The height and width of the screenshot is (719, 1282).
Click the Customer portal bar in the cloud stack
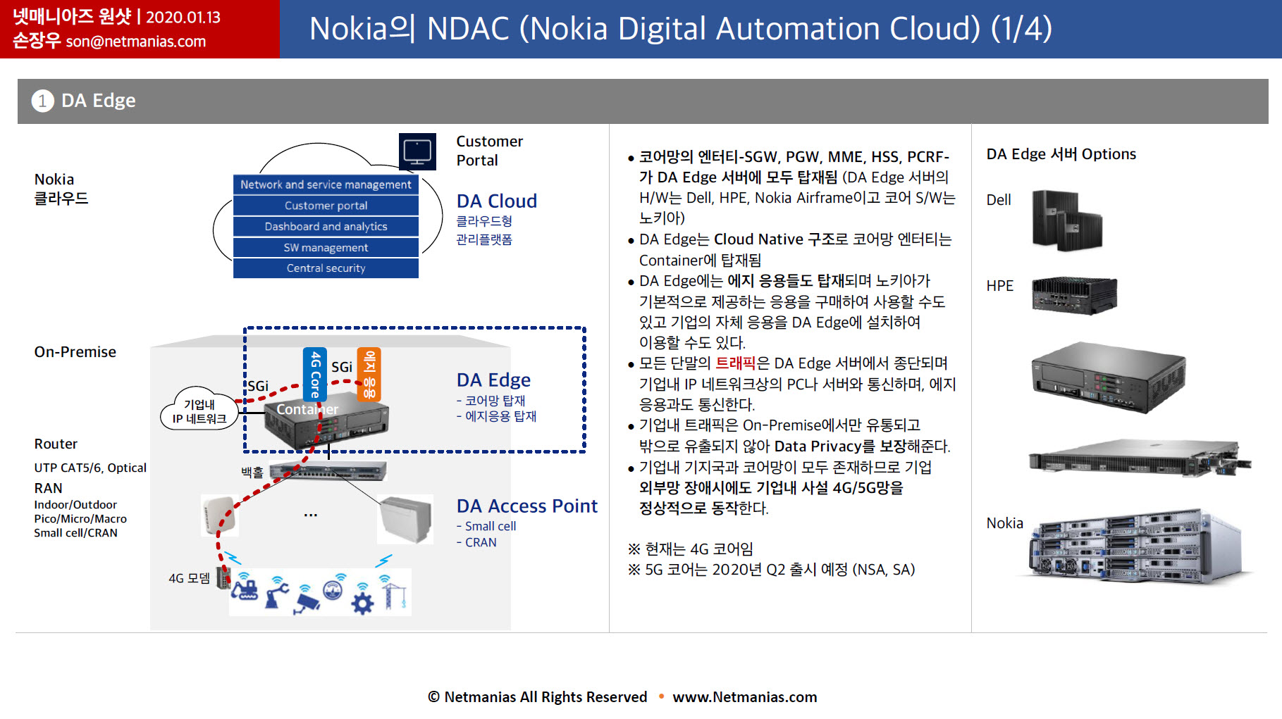coord(326,206)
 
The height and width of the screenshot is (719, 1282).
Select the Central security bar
coord(326,268)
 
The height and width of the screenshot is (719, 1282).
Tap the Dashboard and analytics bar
coord(326,227)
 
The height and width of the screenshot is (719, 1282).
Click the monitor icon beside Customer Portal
coord(417,151)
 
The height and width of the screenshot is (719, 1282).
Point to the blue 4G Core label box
coord(315,374)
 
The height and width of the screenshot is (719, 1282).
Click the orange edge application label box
coord(369,374)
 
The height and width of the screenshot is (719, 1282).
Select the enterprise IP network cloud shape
coord(199,408)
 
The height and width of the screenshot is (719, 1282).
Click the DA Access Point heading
coord(526,506)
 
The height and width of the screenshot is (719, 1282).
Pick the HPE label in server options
coord(999,286)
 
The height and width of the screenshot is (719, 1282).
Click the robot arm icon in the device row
coord(277,594)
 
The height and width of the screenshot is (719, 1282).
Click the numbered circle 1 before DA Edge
coord(43,101)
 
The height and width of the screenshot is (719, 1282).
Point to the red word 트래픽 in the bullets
coord(735,363)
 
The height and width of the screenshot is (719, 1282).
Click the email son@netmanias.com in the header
coord(136,42)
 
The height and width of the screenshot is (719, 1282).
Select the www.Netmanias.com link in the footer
coord(745,697)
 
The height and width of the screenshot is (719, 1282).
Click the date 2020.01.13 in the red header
coord(183,17)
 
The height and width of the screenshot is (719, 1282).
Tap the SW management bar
coord(326,248)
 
